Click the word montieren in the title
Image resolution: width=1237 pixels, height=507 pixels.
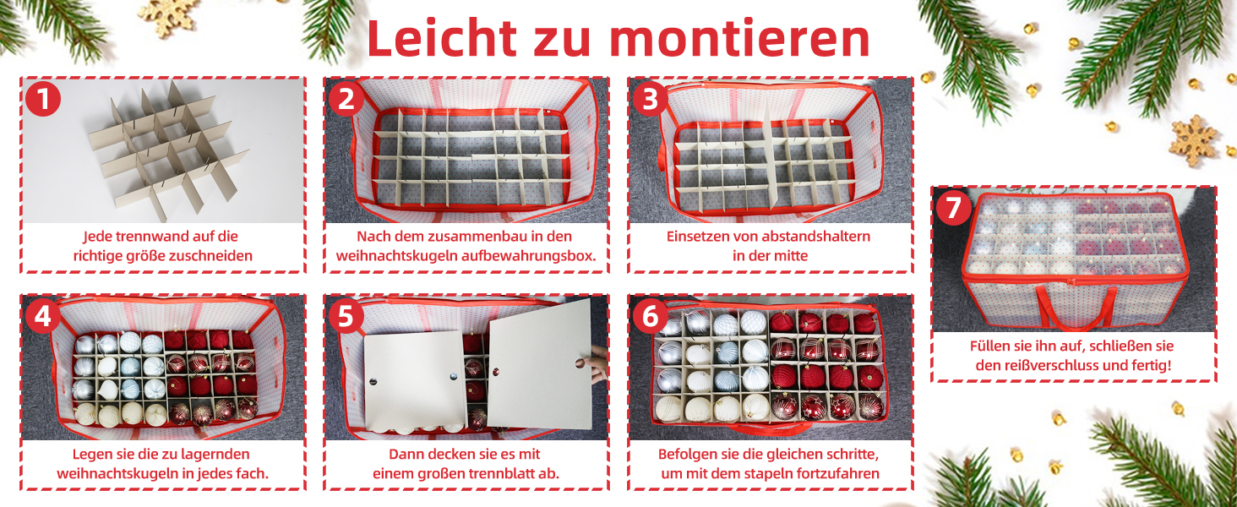pos(742,39)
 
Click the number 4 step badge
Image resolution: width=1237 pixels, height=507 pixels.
pos(42,316)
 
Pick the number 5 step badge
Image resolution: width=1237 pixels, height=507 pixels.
pos(346,316)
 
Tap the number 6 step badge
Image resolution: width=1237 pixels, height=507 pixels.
pos(650,316)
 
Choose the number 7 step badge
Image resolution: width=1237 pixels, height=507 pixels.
pos(954,208)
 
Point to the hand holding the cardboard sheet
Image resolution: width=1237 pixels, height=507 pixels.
pos(596,363)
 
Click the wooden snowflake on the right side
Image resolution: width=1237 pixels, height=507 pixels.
pos(1193,141)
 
